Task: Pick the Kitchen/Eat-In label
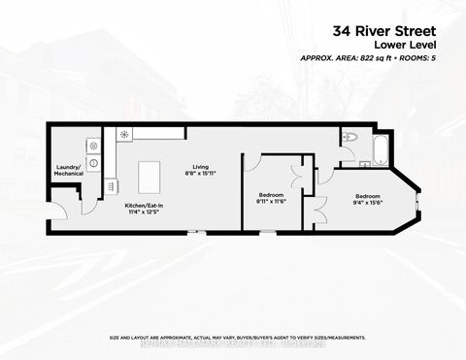click(143, 207)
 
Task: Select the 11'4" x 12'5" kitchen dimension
click(143, 213)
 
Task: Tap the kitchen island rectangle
click(150, 177)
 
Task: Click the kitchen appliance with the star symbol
click(124, 136)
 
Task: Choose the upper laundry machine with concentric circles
click(93, 146)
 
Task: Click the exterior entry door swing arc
click(60, 207)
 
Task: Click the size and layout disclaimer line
click(237, 337)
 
